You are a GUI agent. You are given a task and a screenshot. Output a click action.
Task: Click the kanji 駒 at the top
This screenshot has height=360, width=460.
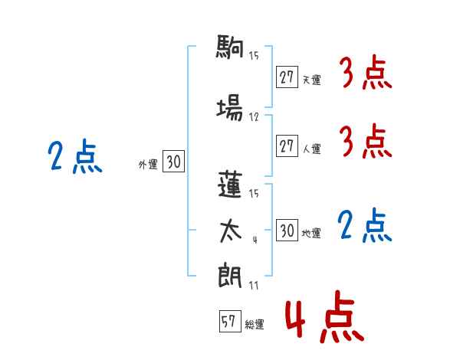click(x=230, y=46)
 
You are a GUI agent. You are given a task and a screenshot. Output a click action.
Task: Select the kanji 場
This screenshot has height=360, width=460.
click(x=230, y=107)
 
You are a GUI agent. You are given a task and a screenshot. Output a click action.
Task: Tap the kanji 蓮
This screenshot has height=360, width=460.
click(x=230, y=185)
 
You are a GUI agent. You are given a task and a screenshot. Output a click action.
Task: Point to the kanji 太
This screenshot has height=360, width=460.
click(x=230, y=231)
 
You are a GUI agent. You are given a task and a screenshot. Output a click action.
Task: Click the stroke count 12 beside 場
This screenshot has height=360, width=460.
click(x=254, y=117)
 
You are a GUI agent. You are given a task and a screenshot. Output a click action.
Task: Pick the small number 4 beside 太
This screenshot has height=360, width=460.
click(x=255, y=240)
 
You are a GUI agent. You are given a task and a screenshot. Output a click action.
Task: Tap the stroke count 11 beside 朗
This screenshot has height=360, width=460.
click(x=254, y=285)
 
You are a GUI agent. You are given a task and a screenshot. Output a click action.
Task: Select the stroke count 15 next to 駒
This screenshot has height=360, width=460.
click(x=254, y=55)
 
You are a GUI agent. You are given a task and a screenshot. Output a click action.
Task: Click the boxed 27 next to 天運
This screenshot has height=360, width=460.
click(x=287, y=77)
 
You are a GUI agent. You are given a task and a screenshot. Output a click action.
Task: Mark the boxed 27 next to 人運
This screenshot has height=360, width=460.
click(x=287, y=146)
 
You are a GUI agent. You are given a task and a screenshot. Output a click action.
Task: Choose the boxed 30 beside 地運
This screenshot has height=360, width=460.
click(x=287, y=230)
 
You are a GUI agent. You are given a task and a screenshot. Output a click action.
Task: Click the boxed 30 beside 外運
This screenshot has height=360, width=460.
click(x=173, y=162)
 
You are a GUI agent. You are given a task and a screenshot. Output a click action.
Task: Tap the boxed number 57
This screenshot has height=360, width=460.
click(x=230, y=321)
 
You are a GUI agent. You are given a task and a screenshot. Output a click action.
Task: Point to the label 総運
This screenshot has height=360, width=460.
click(x=255, y=325)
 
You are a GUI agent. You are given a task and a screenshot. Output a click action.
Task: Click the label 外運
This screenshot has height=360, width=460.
click(x=148, y=165)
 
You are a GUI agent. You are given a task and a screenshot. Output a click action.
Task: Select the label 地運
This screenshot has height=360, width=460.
click(x=311, y=234)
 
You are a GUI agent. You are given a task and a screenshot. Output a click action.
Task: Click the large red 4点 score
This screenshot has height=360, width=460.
click(x=324, y=316)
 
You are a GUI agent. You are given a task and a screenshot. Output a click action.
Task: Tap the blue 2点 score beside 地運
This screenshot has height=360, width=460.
click(x=364, y=225)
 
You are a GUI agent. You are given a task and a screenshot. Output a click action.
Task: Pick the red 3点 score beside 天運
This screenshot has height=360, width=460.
click(x=366, y=72)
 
